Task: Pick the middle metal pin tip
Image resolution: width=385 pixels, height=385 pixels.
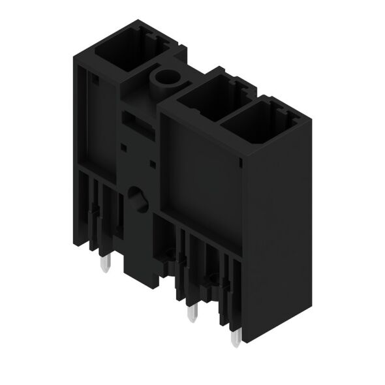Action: click(x=191, y=315)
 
